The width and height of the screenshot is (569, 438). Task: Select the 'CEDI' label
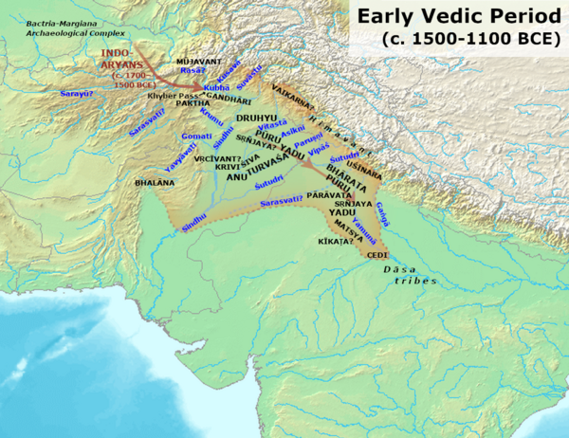(x=377, y=254)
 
